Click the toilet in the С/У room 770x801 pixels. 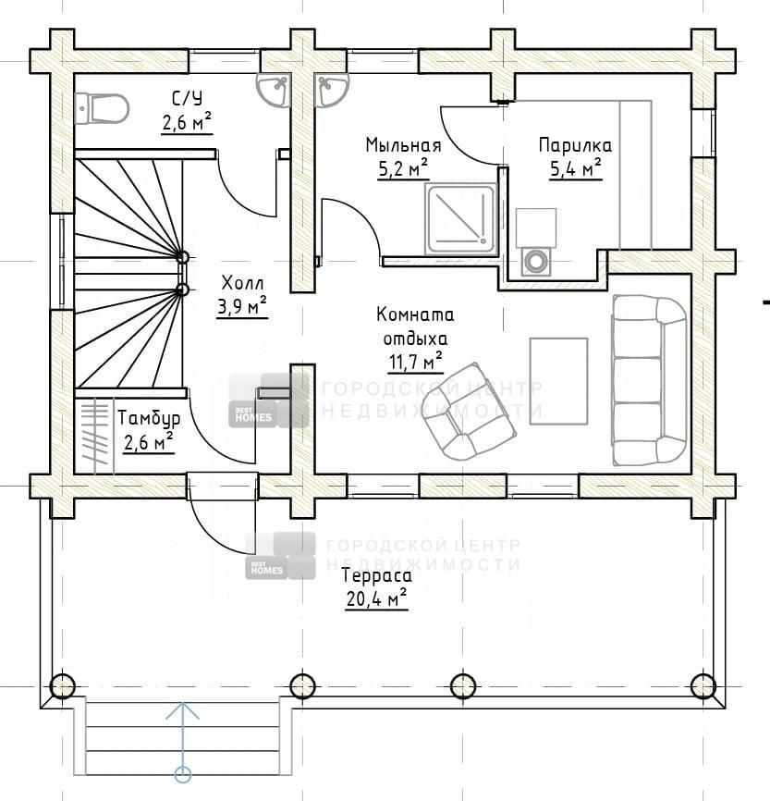click(x=102, y=108)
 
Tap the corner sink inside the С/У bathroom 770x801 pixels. click(x=275, y=90)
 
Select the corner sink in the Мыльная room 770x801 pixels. click(x=332, y=90)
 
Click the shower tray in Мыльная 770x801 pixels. click(x=461, y=219)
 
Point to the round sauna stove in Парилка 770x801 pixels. click(x=535, y=261)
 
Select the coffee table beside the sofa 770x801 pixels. click(x=558, y=380)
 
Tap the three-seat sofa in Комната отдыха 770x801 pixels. click(x=649, y=380)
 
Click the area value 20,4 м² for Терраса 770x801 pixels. click(x=376, y=598)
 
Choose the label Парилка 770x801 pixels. click(x=575, y=145)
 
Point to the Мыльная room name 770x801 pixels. click(x=403, y=145)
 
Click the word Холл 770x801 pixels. click(x=242, y=282)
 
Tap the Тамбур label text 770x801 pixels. click(x=149, y=418)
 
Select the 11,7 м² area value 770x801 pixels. click(x=416, y=363)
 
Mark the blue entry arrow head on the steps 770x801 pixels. click(x=182, y=710)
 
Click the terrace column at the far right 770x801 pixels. click(x=703, y=685)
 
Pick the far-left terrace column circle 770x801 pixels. click(x=62, y=685)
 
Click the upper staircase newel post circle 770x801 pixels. click(x=182, y=257)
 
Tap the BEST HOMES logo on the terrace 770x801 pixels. click(x=280, y=556)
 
